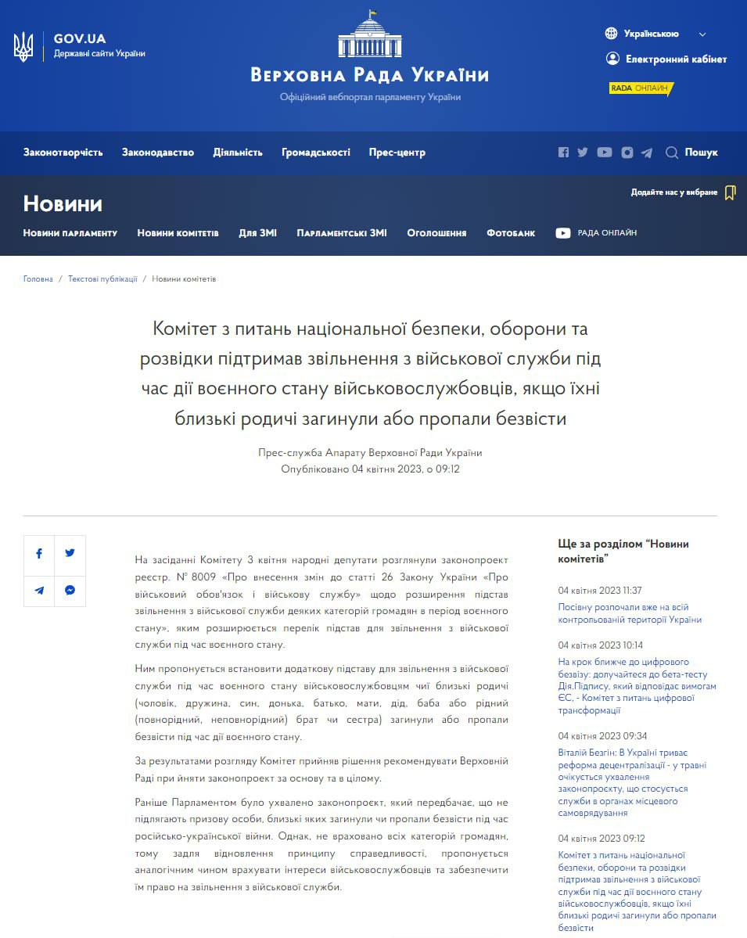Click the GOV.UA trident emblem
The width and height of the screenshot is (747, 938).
(x=23, y=47)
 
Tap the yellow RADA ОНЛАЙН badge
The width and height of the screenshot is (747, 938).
(x=641, y=88)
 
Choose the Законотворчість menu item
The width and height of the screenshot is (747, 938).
(x=63, y=153)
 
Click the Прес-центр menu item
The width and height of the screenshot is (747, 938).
(x=397, y=153)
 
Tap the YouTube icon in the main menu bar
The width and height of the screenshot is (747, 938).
(x=605, y=153)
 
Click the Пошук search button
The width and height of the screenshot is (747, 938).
(x=692, y=153)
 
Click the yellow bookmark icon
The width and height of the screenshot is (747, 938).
(x=730, y=192)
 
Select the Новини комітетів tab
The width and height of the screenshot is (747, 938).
(x=178, y=233)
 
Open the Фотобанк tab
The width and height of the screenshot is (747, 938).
(x=511, y=233)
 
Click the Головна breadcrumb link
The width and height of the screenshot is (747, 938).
(x=38, y=279)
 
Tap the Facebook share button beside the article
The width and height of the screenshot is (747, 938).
(x=39, y=553)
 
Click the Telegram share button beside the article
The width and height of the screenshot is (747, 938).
(x=39, y=591)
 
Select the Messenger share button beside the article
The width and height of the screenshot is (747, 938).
(x=70, y=591)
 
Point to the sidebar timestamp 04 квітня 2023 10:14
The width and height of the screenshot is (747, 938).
(x=600, y=645)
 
